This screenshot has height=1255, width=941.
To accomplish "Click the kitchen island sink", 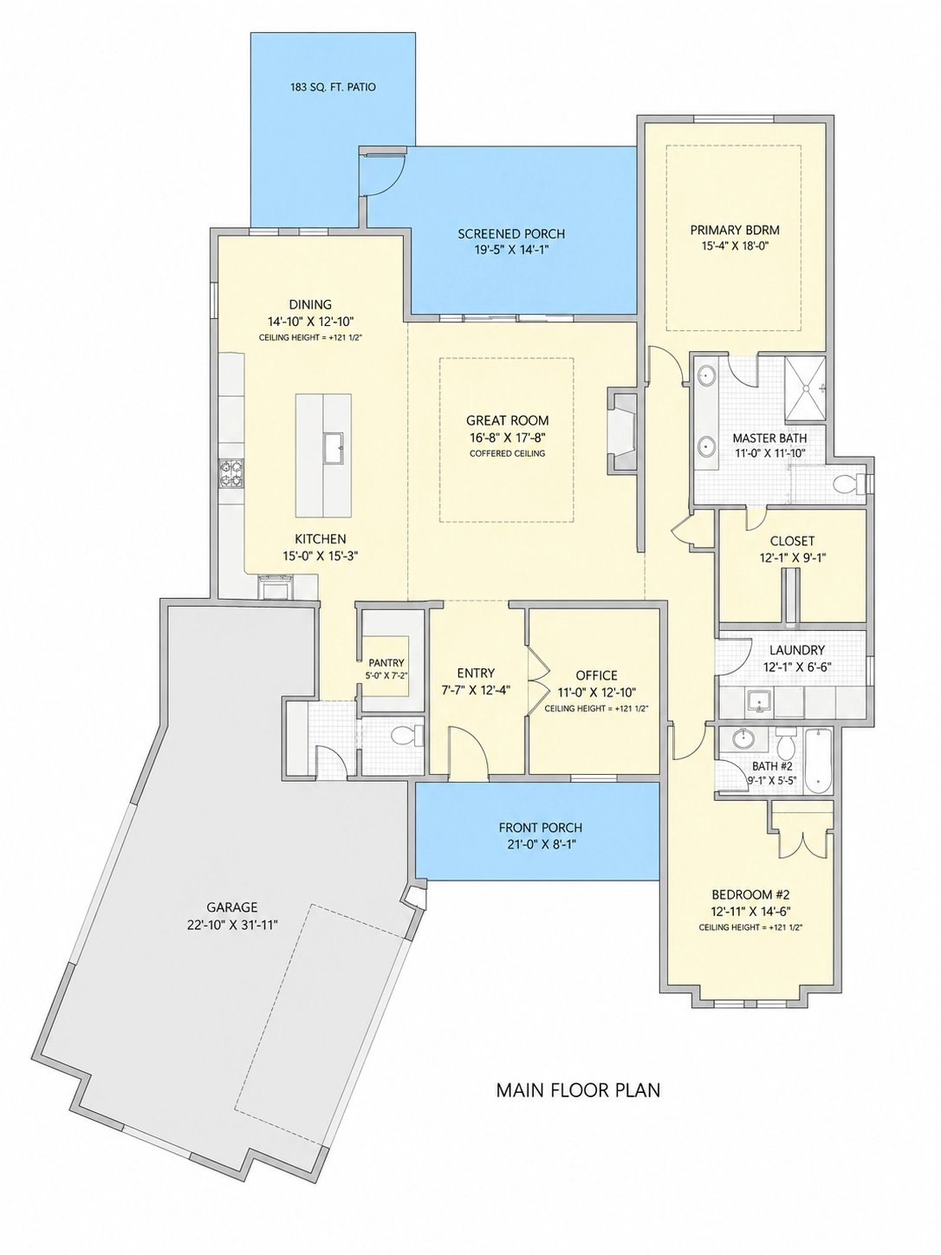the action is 333,448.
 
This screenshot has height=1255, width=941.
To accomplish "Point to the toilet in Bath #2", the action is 786,744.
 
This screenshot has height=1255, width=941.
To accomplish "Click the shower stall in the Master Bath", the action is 805,387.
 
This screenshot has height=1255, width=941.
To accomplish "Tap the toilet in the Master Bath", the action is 850,484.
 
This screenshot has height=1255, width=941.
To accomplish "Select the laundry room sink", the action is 759,701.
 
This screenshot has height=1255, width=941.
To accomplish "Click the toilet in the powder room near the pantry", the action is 408,735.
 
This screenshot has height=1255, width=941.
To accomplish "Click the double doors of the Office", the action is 537,680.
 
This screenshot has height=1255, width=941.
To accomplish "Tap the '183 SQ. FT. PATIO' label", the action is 332,88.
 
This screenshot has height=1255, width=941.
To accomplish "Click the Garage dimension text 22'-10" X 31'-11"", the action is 232,925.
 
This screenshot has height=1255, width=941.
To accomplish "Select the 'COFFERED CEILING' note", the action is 508,453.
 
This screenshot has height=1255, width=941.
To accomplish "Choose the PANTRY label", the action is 386,663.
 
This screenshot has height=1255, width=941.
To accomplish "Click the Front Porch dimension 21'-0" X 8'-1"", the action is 541,844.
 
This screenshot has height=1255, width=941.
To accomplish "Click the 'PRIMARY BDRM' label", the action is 735,231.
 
